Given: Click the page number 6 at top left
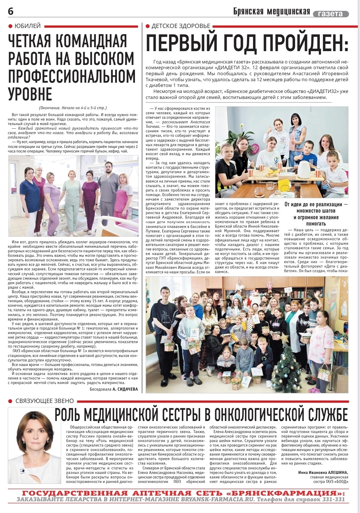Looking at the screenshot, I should (x=11, y=12).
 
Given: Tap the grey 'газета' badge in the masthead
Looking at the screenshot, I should (x=331, y=14).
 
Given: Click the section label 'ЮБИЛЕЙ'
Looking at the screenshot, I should (x=27, y=26).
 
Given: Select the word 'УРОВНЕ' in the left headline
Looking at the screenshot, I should (x=30, y=94).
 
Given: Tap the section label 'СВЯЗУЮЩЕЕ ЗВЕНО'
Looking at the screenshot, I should (x=44, y=401).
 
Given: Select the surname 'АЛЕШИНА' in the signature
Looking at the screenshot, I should (x=338, y=472).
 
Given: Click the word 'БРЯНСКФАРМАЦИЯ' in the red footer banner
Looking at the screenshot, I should (x=282, y=493).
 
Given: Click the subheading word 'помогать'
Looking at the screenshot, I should (x=316, y=224).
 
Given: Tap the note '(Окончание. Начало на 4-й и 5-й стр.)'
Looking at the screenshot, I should (x=73, y=108).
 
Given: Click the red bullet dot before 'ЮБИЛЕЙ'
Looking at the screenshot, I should (x=11, y=26).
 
